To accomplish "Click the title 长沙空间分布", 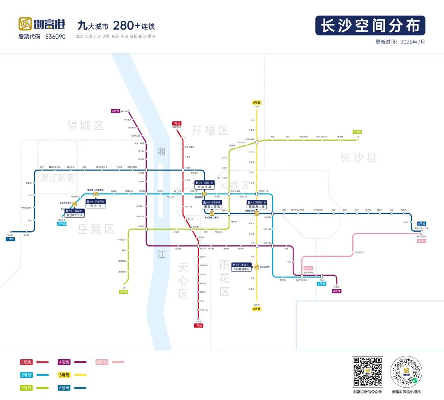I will (x=370, y=26).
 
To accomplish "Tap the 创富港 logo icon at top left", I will (x=25, y=24).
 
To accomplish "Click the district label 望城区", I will (x=86, y=126).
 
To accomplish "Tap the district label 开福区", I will (x=210, y=130).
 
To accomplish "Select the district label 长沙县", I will (x=358, y=157).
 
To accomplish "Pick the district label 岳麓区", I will (x=96, y=229).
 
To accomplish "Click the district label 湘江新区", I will (x=58, y=178).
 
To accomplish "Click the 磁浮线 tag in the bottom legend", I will (x=102, y=362).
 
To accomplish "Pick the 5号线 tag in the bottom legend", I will (x=64, y=375).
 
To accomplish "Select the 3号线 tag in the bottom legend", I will (x=26, y=388).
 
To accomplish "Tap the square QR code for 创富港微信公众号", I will (x=367, y=372).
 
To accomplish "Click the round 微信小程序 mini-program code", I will (x=406, y=372).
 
